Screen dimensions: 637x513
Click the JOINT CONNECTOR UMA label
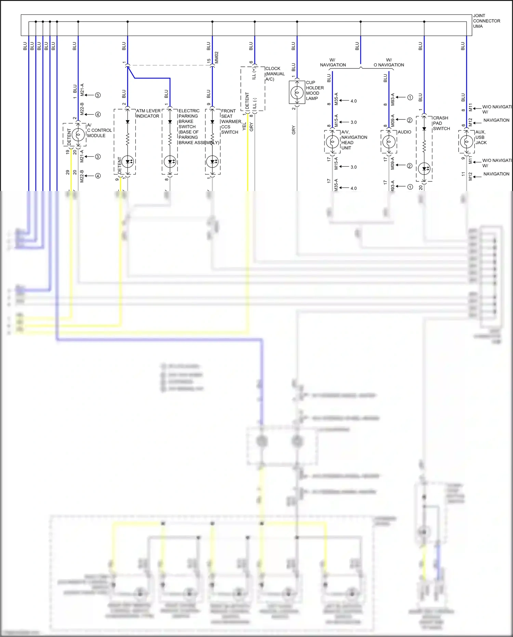(x=486, y=21)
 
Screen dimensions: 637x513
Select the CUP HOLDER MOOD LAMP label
(x=314, y=90)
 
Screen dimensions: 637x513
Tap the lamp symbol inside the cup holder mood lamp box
(x=297, y=92)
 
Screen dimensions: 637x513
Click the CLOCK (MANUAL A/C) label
(x=275, y=74)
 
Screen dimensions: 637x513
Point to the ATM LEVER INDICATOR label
(x=148, y=113)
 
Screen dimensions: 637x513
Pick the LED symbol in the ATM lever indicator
(x=128, y=162)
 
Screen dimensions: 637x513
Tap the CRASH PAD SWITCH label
(x=441, y=123)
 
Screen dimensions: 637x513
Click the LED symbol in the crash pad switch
(x=424, y=168)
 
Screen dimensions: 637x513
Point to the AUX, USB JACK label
(x=481, y=137)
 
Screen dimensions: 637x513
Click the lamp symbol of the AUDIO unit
(x=389, y=141)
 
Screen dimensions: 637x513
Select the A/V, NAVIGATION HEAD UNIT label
(x=354, y=140)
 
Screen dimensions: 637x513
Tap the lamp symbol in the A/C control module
(x=78, y=135)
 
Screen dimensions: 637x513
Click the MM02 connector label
(x=216, y=58)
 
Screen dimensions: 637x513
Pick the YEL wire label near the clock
(x=244, y=126)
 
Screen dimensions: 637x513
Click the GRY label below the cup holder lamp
(x=293, y=130)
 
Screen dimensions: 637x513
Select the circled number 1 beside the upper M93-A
(x=410, y=98)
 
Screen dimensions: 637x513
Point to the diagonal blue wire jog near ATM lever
(x=131, y=73)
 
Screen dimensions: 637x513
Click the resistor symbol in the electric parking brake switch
(x=170, y=140)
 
